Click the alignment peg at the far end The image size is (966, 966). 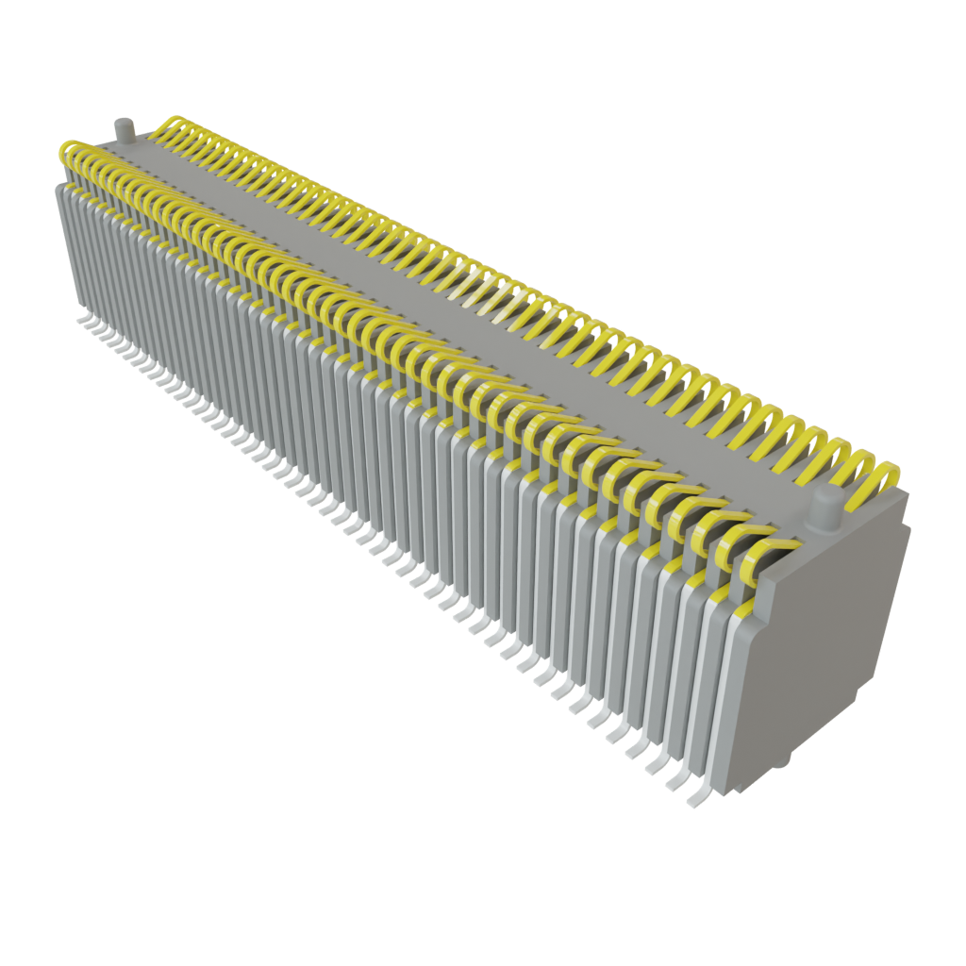(x=124, y=131)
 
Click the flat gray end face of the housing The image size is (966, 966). (x=825, y=651)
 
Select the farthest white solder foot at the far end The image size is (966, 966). (x=83, y=322)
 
